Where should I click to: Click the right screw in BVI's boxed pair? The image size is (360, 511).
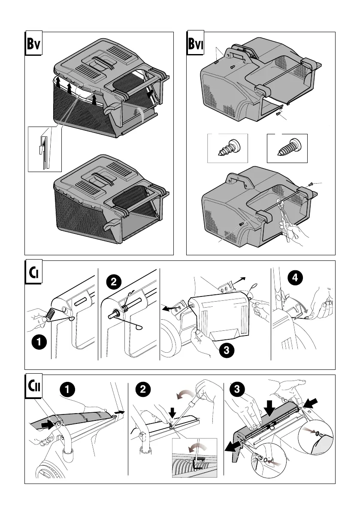(287, 148)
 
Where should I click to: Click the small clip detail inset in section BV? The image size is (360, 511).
(45, 148)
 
